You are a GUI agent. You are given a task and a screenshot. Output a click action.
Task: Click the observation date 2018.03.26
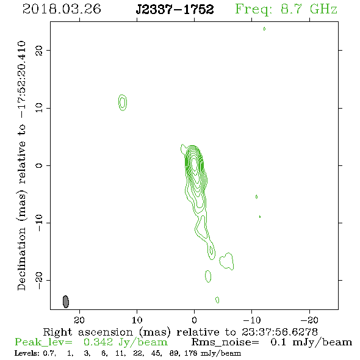point(62,9)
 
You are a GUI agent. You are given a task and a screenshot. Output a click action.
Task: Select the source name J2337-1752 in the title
point(175,9)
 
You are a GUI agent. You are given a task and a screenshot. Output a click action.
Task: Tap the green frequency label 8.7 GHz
point(309,9)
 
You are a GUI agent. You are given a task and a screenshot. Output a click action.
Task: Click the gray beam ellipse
point(66,301)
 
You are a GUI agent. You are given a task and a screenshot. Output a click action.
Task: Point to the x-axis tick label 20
point(79,320)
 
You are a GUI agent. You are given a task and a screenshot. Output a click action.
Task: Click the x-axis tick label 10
point(137,320)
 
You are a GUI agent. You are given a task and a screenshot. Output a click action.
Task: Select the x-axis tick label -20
point(309,320)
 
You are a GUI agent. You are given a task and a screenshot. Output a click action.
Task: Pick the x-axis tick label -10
point(252,320)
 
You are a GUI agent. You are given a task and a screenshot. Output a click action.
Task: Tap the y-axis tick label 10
point(39,108)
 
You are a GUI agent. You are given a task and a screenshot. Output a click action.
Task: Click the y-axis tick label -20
point(39,281)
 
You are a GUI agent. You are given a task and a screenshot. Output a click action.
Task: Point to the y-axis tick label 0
point(39,165)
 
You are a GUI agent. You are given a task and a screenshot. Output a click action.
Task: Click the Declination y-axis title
point(21,165)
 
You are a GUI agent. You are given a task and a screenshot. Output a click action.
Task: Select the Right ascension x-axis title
point(181,332)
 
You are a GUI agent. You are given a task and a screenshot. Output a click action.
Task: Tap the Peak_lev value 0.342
point(98,342)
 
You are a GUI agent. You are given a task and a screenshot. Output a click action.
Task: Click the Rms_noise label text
point(225,343)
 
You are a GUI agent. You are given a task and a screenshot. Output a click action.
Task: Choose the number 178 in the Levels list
point(190,353)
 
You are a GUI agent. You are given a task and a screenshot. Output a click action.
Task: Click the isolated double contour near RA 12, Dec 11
point(123,103)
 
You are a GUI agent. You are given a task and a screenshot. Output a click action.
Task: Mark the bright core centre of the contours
point(195,164)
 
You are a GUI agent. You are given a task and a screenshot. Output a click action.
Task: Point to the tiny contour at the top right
point(264,29)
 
